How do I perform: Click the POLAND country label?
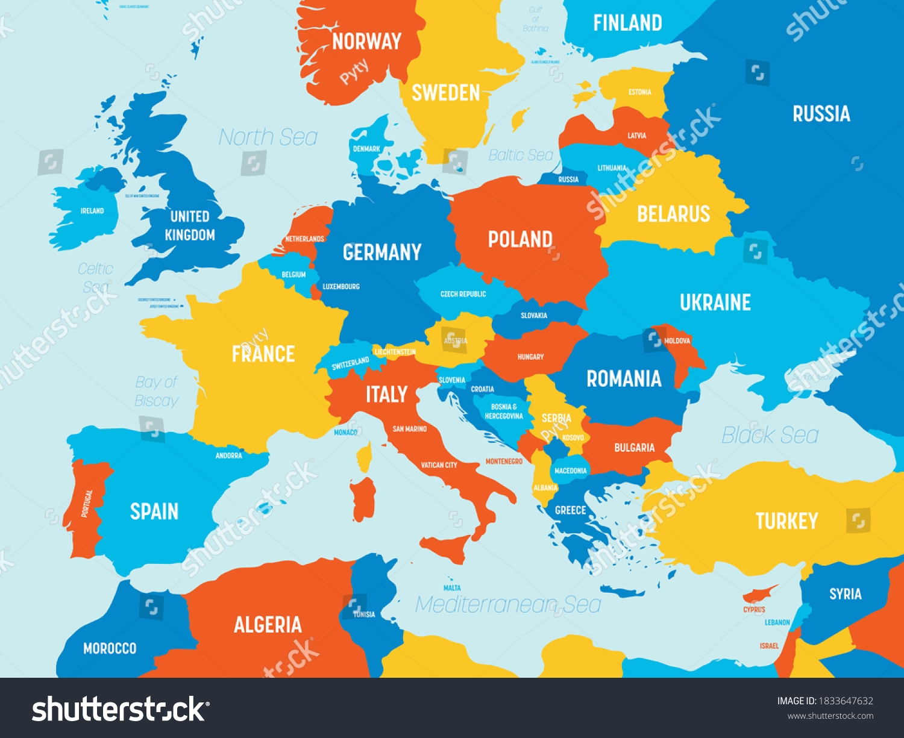click(x=520, y=239)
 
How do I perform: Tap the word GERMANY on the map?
click(x=382, y=252)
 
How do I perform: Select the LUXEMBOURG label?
click(x=341, y=287)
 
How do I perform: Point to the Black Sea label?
click(x=770, y=435)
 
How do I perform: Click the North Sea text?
click(x=268, y=137)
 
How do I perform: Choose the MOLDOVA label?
click(x=677, y=341)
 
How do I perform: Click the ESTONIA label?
click(x=639, y=92)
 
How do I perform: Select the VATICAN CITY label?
click(x=439, y=465)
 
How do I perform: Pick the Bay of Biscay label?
click(x=157, y=392)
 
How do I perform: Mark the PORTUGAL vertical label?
click(x=87, y=504)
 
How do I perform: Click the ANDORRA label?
click(x=229, y=455)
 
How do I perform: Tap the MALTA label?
click(x=452, y=588)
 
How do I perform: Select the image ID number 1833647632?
click(x=845, y=701)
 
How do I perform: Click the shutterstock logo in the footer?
click(x=118, y=709)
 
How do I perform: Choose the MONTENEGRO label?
click(x=504, y=461)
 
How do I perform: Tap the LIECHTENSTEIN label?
click(x=395, y=352)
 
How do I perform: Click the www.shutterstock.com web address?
click(x=830, y=716)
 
